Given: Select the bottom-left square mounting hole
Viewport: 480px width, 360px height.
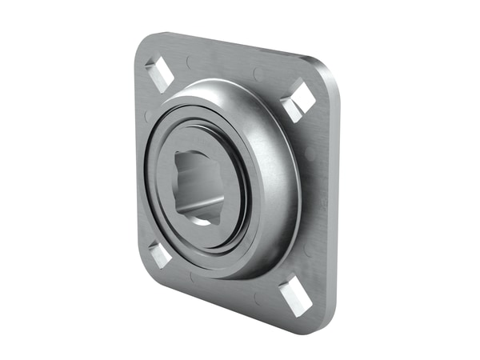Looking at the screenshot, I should point(160,255).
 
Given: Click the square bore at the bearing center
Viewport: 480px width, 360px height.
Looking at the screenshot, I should point(198,185).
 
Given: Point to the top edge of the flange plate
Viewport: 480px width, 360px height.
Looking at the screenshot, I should point(232,46).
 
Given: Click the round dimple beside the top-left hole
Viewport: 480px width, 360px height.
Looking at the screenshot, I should point(187,61).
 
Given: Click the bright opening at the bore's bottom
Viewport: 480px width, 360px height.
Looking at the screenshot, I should point(202,220).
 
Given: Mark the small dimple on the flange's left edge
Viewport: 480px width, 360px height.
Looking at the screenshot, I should point(146,117).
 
